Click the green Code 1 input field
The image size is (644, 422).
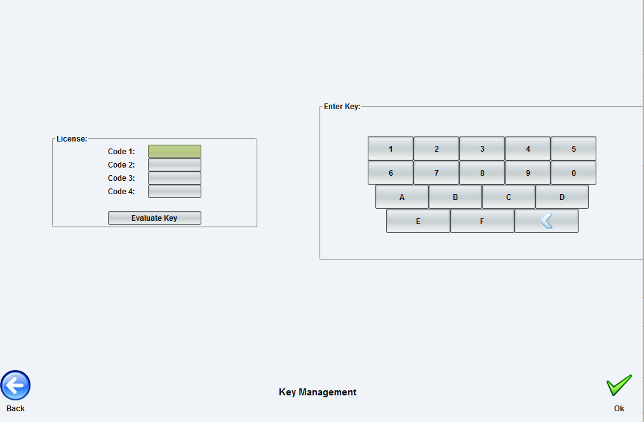(x=175, y=151)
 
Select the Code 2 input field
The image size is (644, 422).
(x=175, y=164)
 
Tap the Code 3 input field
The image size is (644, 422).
(x=175, y=178)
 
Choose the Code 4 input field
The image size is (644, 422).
(x=175, y=191)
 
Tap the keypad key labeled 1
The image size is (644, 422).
(x=391, y=148)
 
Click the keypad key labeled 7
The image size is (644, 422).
(x=436, y=173)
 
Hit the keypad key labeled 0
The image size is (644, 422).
(x=574, y=173)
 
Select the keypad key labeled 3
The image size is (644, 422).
(x=482, y=148)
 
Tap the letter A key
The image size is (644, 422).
(x=402, y=197)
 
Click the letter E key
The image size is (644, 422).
(x=418, y=221)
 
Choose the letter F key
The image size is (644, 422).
(x=482, y=221)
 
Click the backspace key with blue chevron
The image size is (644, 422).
(x=546, y=221)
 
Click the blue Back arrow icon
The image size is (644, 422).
(x=15, y=385)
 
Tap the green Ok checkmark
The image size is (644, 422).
(x=619, y=385)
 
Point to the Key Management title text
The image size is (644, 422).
(x=318, y=392)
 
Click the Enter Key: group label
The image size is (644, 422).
(x=342, y=107)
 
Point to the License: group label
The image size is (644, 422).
(x=72, y=139)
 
